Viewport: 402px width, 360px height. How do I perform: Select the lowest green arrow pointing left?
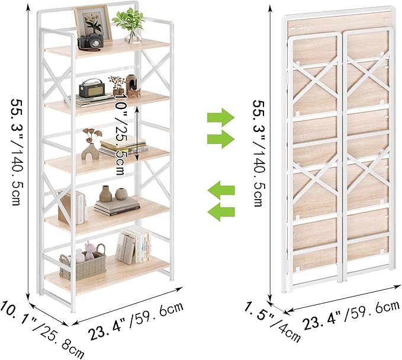221,211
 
